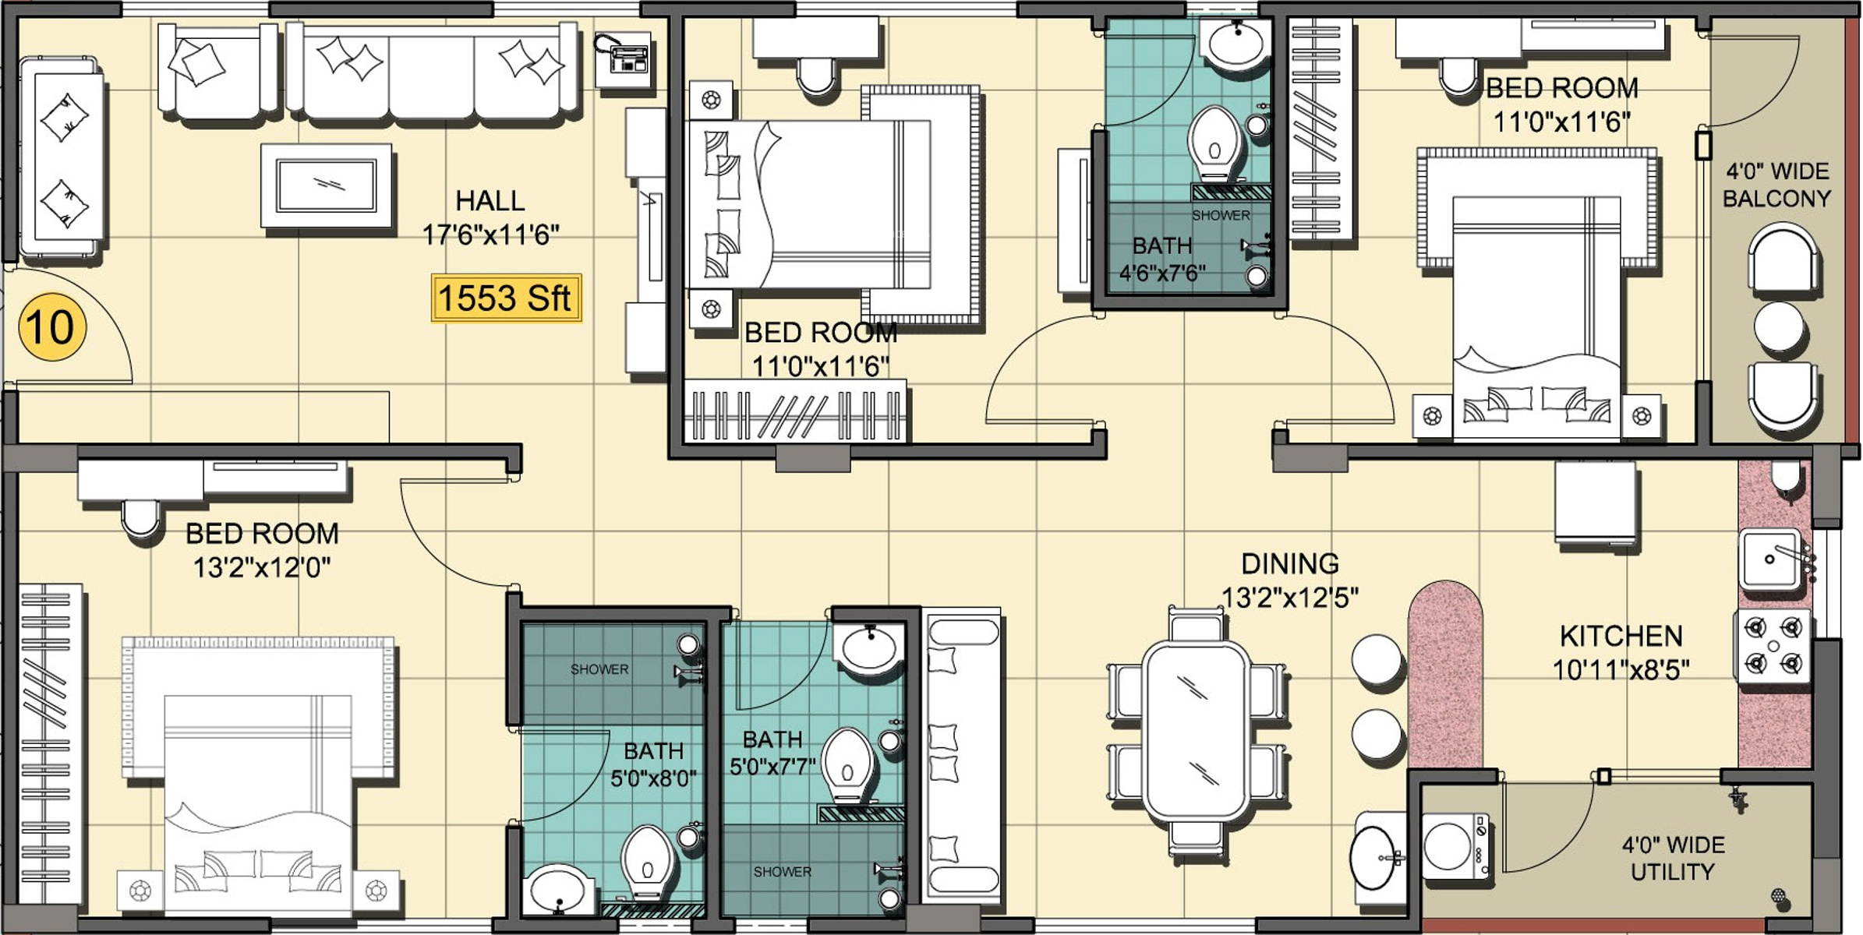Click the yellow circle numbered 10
(x=51, y=326)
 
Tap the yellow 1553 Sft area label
(x=506, y=298)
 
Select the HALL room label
(x=490, y=201)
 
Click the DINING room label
(x=1290, y=563)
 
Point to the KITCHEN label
(x=1621, y=636)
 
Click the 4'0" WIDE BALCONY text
(x=1776, y=185)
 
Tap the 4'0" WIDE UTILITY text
(x=1673, y=858)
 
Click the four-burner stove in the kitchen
(x=1773, y=646)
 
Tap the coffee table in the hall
(x=327, y=185)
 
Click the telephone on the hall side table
(x=624, y=57)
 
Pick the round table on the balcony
(x=1779, y=326)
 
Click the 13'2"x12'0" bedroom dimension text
(x=262, y=567)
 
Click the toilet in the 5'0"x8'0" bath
(x=647, y=863)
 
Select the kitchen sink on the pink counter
(x=1771, y=559)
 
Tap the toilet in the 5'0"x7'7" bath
(x=847, y=765)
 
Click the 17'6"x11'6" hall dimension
(x=491, y=234)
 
